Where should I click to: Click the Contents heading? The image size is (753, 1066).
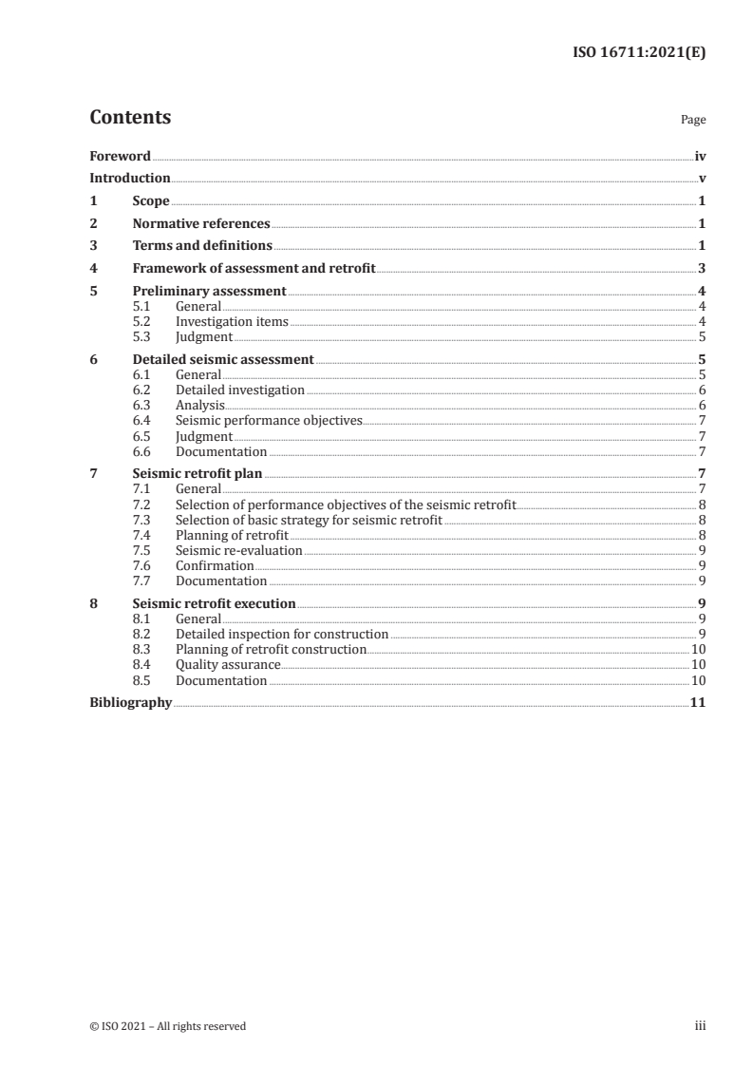tap(130, 118)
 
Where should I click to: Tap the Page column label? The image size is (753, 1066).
tap(692, 121)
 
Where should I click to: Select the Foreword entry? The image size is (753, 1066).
tap(120, 157)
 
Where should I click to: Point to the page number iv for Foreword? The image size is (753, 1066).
tap(699, 157)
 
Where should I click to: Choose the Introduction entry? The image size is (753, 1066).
tap(130, 179)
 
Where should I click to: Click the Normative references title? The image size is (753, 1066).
tap(201, 224)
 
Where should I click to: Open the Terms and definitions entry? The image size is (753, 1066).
tap(202, 246)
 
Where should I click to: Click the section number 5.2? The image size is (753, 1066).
tap(141, 322)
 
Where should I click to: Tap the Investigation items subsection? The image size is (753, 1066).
tap(232, 322)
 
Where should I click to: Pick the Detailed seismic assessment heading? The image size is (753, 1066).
tap(223, 360)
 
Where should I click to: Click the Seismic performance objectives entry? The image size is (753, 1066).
tap(269, 420)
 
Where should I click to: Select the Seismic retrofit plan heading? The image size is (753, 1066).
tap(198, 473)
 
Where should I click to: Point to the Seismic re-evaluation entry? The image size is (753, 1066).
tap(239, 550)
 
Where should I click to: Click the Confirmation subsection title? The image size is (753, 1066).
tap(215, 565)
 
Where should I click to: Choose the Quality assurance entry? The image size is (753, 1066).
tap(228, 665)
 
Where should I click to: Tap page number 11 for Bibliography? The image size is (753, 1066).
tap(697, 703)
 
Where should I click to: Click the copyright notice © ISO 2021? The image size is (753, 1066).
tap(167, 1026)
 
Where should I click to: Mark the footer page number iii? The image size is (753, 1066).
tap(700, 1026)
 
